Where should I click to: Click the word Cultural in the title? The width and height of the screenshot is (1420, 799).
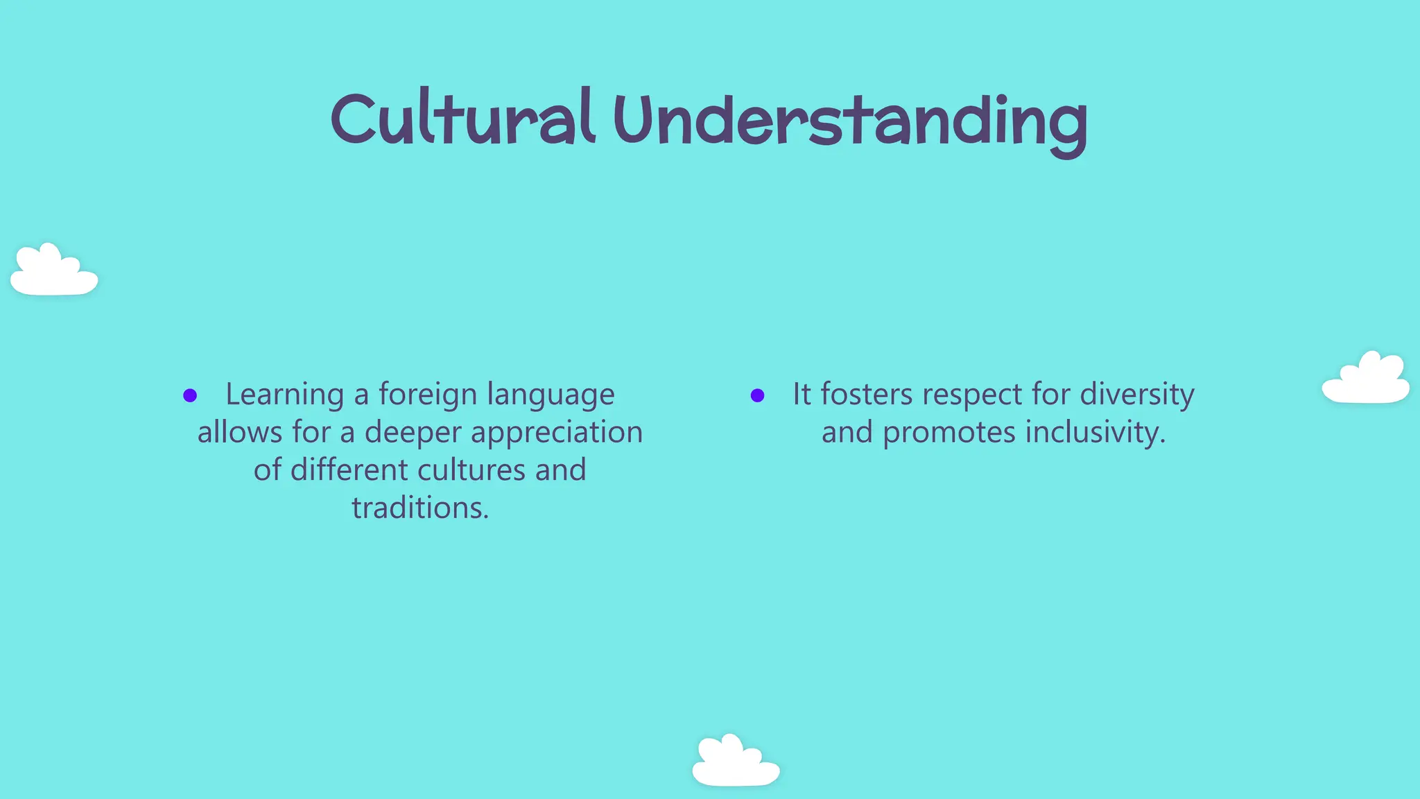[x=462, y=119]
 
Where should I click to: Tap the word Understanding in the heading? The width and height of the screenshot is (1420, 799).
[x=850, y=122]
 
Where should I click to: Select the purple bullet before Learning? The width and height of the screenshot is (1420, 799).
[x=190, y=396]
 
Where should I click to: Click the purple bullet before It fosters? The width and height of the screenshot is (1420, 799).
[x=757, y=396]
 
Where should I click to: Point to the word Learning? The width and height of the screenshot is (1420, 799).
[x=284, y=395]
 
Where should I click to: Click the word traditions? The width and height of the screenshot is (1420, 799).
[x=420, y=508]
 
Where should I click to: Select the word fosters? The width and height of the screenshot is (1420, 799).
[x=867, y=395]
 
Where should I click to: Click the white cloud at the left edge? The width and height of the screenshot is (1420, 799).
[x=53, y=272]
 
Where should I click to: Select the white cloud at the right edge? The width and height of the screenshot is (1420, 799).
[x=1365, y=380]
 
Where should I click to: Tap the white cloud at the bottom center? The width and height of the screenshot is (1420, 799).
[x=736, y=762]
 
